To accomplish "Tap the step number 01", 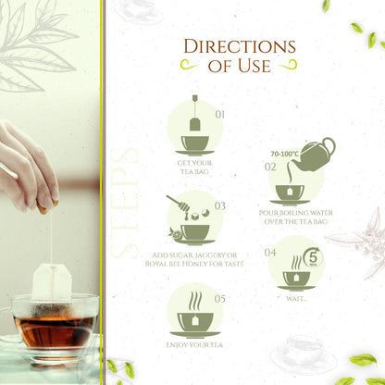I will pyautogui.click(x=219, y=115).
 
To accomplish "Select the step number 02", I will pyautogui.click(x=270, y=168).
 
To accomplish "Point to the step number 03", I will pyautogui.click(x=219, y=205).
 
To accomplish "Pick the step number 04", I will pyautogui.click(x=270, y=252).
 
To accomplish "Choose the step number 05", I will pyautogui.click(x=219, y=299).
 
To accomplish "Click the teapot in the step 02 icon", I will pyautogui.click(x=314, y=154).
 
